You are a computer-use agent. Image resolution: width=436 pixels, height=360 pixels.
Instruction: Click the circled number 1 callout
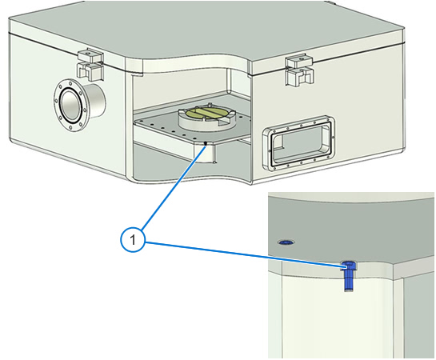133,240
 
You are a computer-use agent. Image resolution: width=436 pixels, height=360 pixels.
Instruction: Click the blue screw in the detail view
349,276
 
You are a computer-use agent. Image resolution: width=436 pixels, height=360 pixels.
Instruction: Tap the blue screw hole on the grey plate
286,242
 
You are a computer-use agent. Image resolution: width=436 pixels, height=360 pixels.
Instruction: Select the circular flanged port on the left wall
70,106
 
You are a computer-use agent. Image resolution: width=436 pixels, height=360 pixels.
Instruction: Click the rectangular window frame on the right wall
298,142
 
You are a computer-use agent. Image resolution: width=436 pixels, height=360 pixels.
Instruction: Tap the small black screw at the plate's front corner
206,143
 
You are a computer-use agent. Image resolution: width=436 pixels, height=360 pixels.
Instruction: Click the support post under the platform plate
205,152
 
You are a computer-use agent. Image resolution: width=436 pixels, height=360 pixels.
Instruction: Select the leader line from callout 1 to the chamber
174,187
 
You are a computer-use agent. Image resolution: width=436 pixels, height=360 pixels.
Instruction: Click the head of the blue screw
349,266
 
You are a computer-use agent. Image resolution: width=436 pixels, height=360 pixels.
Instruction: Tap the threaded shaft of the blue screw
349,281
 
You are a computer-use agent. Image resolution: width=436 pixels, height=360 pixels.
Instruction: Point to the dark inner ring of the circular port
70,106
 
